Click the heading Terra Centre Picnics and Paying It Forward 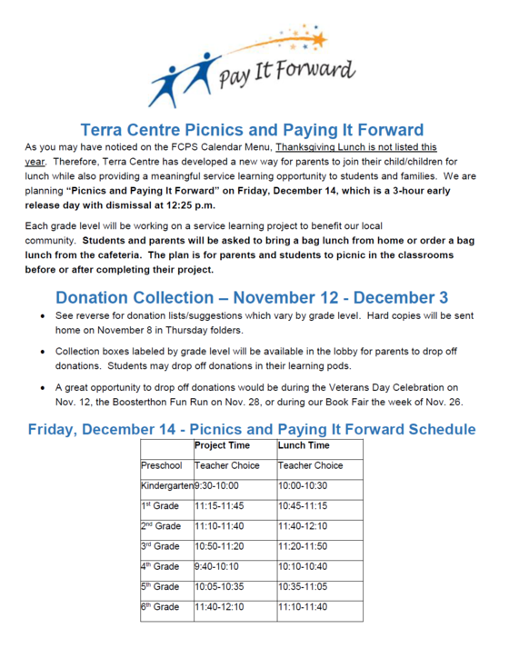point(251,130)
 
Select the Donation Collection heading point(252,297)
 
